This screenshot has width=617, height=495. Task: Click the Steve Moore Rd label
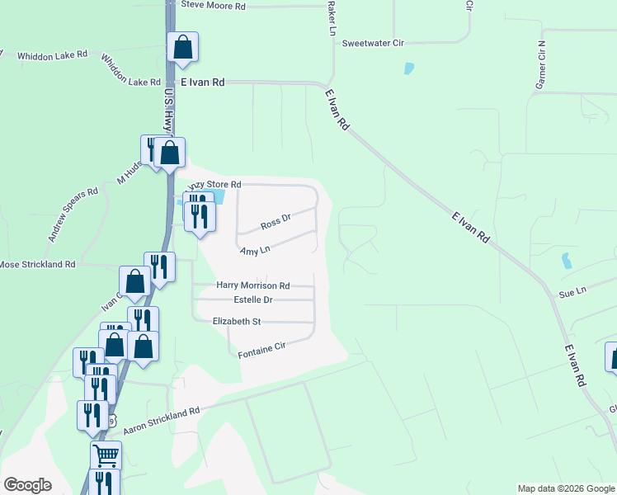click(x=213, y=5)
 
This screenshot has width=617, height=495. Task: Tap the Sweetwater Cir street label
click(x=372, y=42)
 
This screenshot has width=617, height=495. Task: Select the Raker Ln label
click(x=332, y=18)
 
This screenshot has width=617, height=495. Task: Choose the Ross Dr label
click(x=276, y=222)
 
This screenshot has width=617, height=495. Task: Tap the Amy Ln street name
click(x=255, y=250)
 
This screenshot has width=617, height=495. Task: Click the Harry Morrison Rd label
click(x=252, y=285)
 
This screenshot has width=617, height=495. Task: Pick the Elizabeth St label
click(x=237, y=321)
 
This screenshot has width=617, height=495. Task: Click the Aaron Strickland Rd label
click(x=162, y=421)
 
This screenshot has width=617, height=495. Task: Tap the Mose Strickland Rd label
click(x=37, y=264)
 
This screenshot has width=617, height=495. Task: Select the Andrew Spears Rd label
click(x=73, y=214)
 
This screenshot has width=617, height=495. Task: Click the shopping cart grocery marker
click(x=106, y=455)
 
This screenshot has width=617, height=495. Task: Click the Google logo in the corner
click(x=27, y=485)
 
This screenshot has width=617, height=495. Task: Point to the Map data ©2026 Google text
click(x=567, y=488)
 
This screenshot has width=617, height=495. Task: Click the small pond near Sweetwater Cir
click(x=409, y=68)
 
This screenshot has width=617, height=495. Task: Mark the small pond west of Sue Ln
click(x=566, y=261)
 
